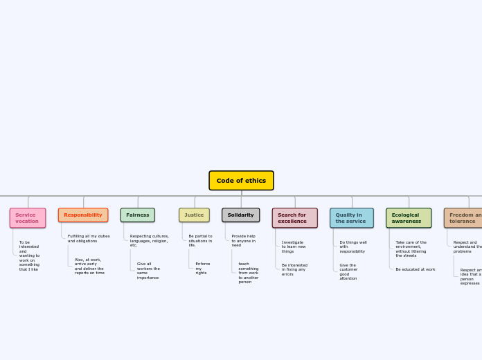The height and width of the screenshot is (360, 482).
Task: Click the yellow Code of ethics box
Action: click(241, 181)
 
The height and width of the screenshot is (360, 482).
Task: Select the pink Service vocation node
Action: click(28, 218)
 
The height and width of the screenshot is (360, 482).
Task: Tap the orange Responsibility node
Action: click(83, 215)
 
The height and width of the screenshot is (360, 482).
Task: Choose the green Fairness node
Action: click(138, 215)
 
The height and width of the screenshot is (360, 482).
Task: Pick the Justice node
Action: click(194, 215)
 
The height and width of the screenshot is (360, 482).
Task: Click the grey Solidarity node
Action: click(241, 215)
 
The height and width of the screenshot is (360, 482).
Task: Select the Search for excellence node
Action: click(294, 218)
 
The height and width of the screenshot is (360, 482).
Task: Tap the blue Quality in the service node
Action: click(352, 218)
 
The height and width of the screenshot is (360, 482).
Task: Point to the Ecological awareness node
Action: click(409, 218)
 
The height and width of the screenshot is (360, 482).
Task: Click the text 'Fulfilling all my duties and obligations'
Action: click(89, 238)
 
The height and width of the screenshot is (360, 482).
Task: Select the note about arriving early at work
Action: click(89, 267)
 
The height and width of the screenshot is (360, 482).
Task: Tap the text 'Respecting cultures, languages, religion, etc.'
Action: click(149, 240)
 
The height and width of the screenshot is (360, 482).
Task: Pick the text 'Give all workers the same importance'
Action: click(148, 271)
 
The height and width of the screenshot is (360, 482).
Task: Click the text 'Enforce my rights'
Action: click(202, 268)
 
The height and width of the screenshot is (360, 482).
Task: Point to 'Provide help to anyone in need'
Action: click(243, 240)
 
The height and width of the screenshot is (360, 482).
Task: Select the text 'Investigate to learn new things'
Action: click(294, 246)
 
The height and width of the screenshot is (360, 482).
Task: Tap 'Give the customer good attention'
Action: click(348, 271)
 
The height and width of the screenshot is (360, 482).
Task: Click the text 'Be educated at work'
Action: click(416, 269)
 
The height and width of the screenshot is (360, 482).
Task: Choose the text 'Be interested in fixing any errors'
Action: click(294, 269)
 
